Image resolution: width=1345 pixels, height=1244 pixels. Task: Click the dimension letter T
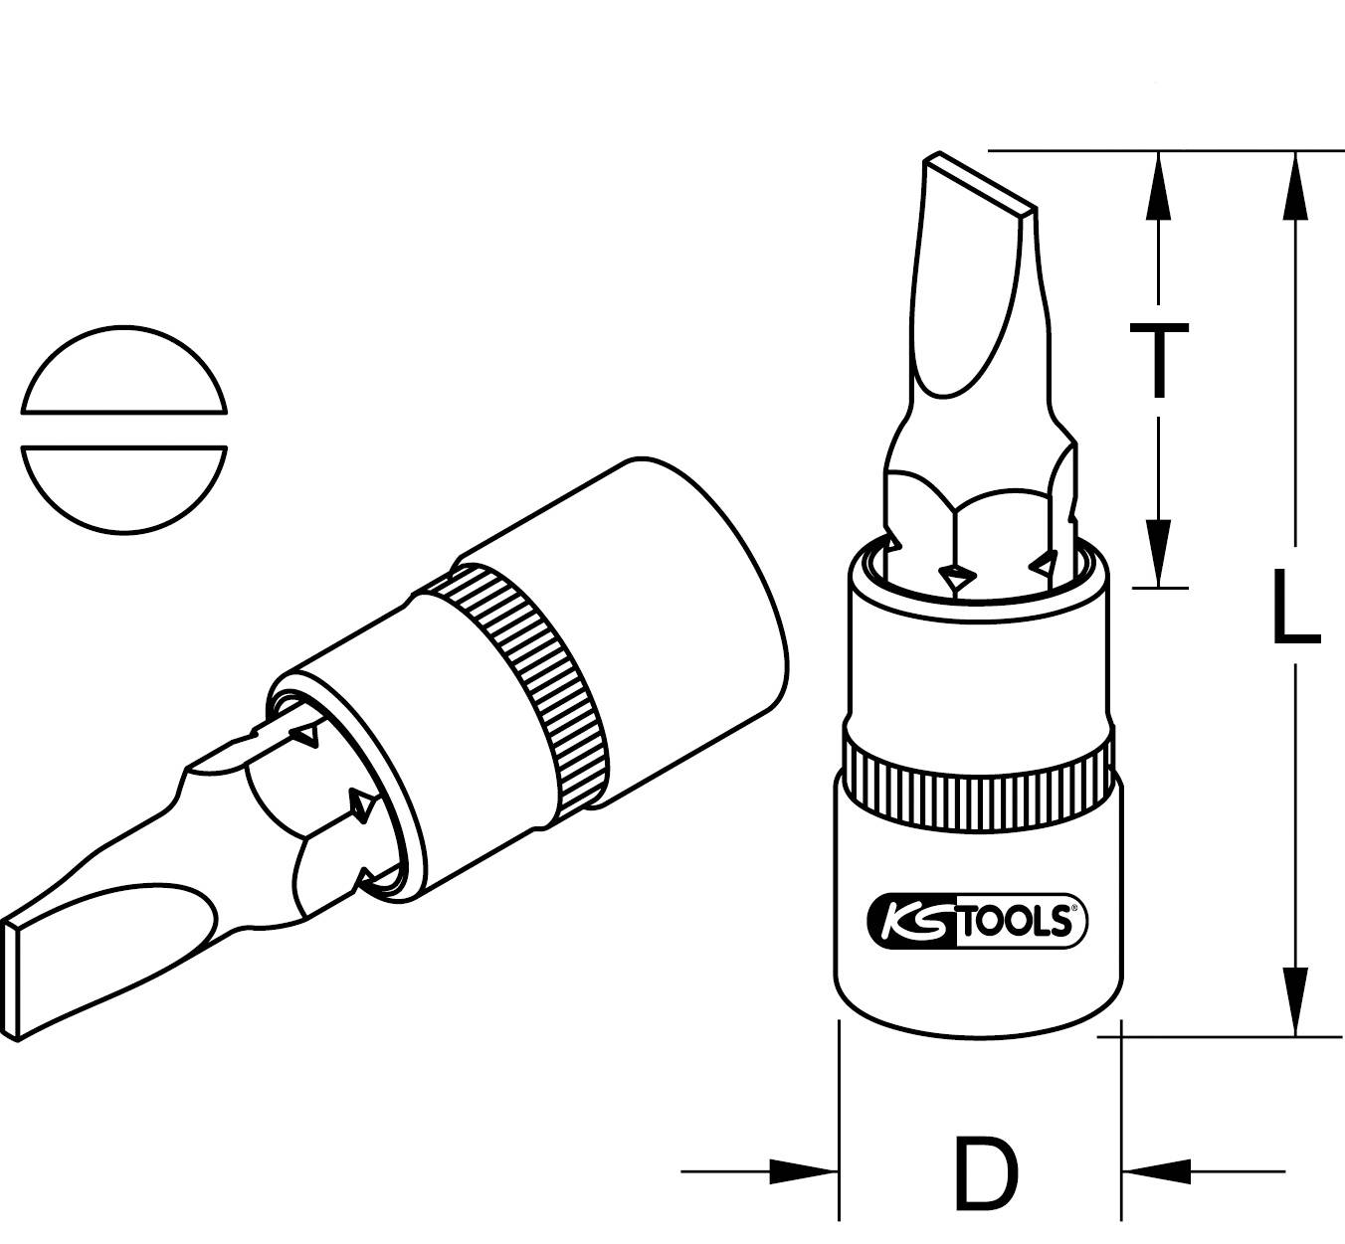[1157, 359]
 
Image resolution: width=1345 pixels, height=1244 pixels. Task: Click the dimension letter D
[985, 1173]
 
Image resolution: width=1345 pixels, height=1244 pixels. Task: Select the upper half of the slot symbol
[125, 370]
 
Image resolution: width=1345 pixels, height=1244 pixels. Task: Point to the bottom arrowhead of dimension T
[1157, 553]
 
